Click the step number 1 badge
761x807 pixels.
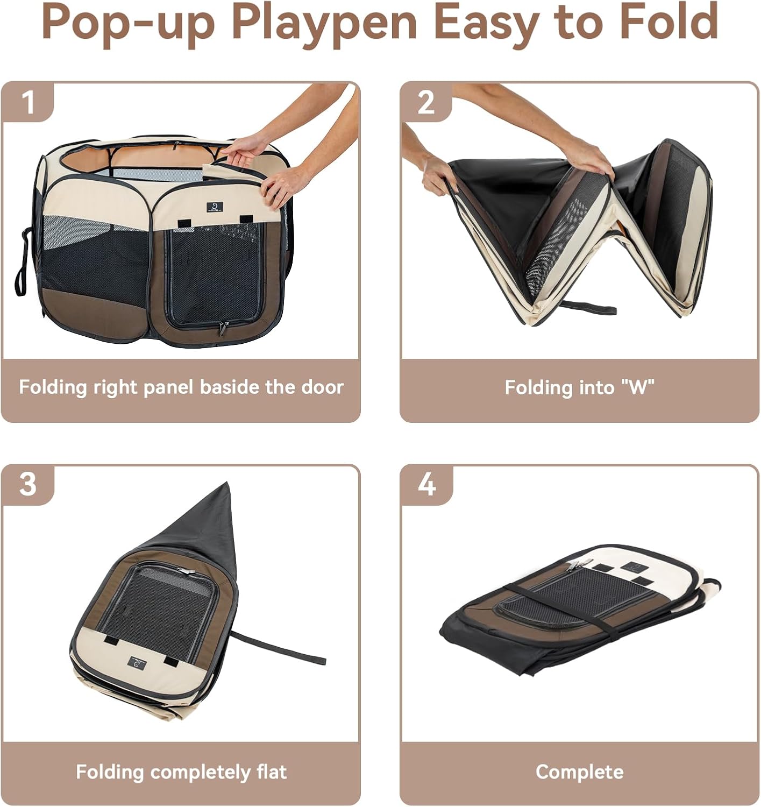click(28, 102)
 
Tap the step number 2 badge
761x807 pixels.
click(426, 102)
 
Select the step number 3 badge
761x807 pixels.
click(28, 485)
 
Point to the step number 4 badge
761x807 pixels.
click(426, 485)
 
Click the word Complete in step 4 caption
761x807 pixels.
click(579, 772)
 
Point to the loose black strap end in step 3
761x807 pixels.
click(317, 660)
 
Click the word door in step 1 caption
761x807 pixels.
click(322, 387)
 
